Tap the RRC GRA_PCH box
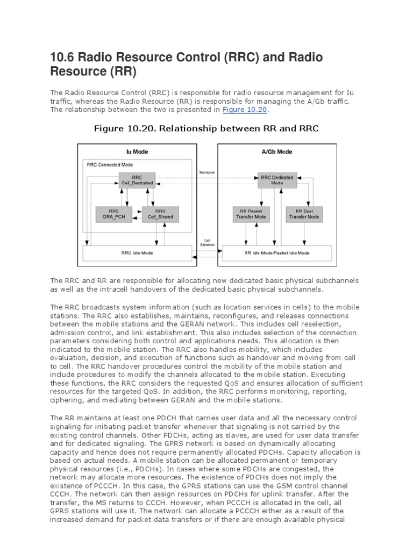(113, 214)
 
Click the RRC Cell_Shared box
(159, 214)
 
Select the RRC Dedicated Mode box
(277, 180)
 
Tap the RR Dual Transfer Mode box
(304, 214)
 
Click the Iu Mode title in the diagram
(136, 151)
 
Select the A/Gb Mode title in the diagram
(277, 151)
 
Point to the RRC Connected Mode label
(110, 165)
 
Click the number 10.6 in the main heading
(61, 58)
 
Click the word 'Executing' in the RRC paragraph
(341, 374)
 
